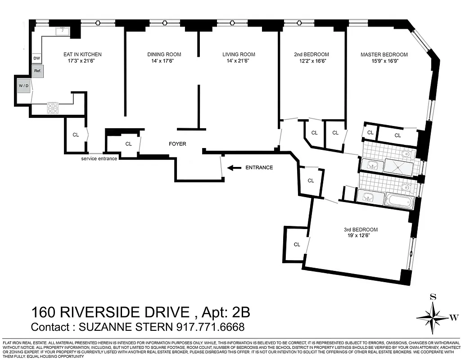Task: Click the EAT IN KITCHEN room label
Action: tap(82, 54)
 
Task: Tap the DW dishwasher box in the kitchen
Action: tap(37, 58)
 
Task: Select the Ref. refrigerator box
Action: tap(37, 71)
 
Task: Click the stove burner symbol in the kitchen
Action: tap(53, 108)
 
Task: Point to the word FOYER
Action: tap(177, 144)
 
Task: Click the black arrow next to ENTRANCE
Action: tap(234, 168)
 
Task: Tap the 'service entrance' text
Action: tap(99, 158)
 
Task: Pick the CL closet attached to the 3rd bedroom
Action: tap(297, 244)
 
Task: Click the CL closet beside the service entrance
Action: tap(76, 135)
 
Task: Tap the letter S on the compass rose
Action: tap(433, 297)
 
